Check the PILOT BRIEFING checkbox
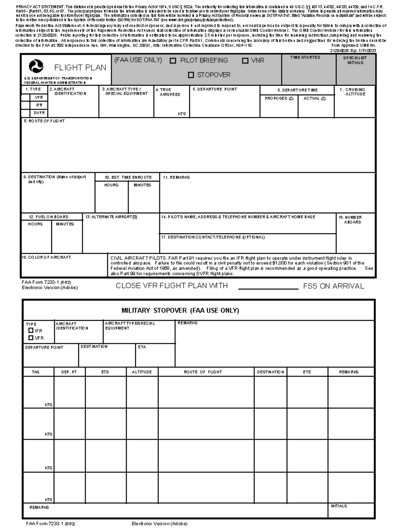(x=173, y=61)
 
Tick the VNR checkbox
(x=245, y=61)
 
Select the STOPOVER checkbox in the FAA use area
(x=191, y=75)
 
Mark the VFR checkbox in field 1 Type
(x=26, y=98)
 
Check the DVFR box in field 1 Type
(x=26, y=113)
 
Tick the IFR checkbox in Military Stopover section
(x=31, y=330)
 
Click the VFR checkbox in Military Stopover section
(x=31, y=338)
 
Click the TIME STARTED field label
(x=305, y=58)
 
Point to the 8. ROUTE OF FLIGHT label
(x=44, y=121)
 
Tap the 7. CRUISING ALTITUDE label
(x=355, y=92)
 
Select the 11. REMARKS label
(x=176, y=177)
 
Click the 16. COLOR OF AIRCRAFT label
(x=46, y=257)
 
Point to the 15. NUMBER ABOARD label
(x=352, y=219)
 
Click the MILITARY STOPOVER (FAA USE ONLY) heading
(x=180, y=311)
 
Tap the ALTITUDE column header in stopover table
(x=142, y=372)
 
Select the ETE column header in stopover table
(x=307, y=372)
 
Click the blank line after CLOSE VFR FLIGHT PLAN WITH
(x=268, y=288)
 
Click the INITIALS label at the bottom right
(x=339, y=506)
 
